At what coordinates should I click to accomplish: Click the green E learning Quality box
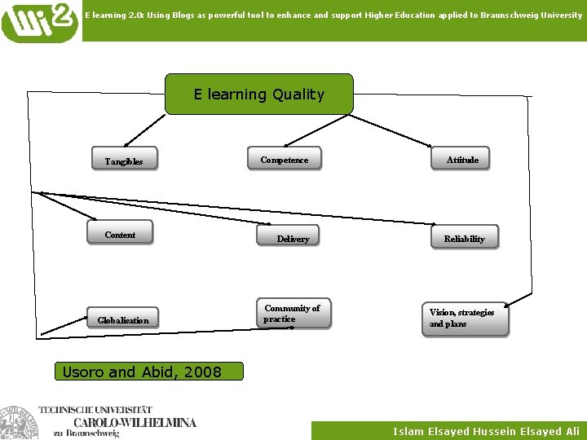pyautogui.click(x=259, y=95)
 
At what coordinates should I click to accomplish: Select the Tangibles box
pyautogui.click(x=124, y=161)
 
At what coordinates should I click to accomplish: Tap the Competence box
pyautogui.click(x=285, y=160)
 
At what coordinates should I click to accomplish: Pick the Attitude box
pyautogui.click(x=462, y=160)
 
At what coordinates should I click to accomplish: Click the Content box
pyautogui.click(x=120, y=235)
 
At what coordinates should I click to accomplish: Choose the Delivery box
pyautogui.click(x=293, y=239)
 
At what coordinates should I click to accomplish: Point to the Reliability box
pyautogui.click(x=464, y=239)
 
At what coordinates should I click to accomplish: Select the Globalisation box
pyautogui.click(x=123, y=320)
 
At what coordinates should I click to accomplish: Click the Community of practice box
pyautogui.click(x=293, y=314)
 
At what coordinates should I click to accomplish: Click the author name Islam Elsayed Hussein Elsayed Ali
pyautogui.click(x=486, y=431)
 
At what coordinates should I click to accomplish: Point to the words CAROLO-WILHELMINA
pyautogui.click(x=135, y=423)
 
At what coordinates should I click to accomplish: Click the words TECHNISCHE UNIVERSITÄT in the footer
pyautogui.click(x=117, y=409)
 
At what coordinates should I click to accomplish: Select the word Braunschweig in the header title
pyautogui.click(x=497, y=15)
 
